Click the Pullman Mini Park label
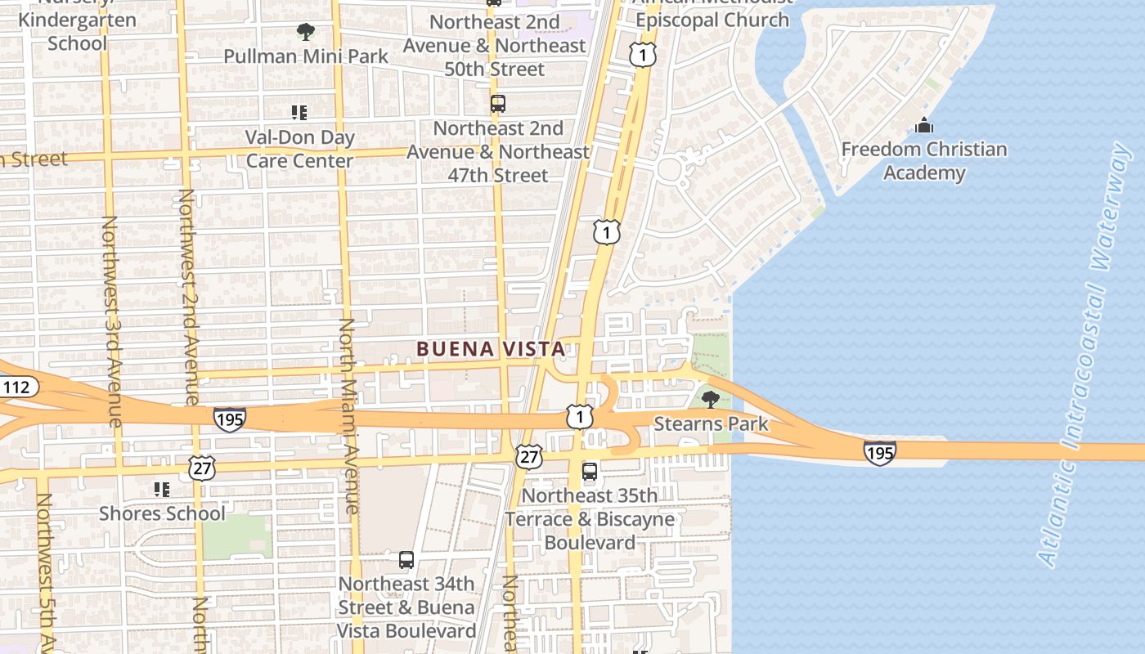tap(307, 56)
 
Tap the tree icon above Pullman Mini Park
tap(306, 33)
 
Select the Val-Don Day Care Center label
tap(299, 149)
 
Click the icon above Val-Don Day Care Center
tap(299, 113)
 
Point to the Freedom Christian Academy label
tap(924, 161)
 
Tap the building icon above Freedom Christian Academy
tap(924, 126)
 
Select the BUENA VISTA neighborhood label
tap(491, 349)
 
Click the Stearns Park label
tap(711, 423)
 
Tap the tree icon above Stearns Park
tap(711, 399)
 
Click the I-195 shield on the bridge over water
tap(879, 452)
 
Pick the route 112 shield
tap(18, 387)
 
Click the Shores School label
tap(162, 513)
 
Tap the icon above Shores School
tap(162, 490)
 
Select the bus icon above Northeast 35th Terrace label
tap(590, 472)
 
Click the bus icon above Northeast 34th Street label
tap(406, 560)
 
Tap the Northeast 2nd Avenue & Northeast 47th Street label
tap(498, 151)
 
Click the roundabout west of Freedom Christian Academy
tap(670, 169)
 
